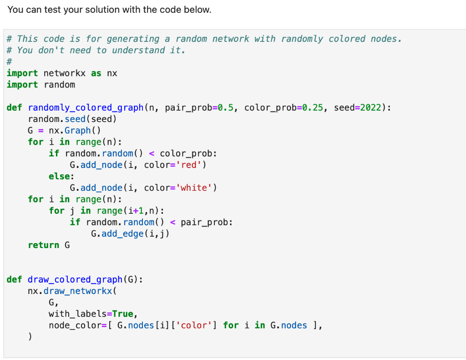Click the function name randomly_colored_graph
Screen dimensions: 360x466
click(86, 108)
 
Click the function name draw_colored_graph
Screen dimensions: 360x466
click(75, 279)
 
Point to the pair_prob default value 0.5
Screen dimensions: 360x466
click(226, 108)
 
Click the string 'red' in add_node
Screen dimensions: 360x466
click(188, 165)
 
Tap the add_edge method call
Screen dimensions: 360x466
click(125, 233)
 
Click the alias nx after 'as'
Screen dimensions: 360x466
click(112, 73)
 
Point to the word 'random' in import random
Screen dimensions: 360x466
click(59, 85)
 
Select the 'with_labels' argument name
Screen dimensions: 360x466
click(77, 314)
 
